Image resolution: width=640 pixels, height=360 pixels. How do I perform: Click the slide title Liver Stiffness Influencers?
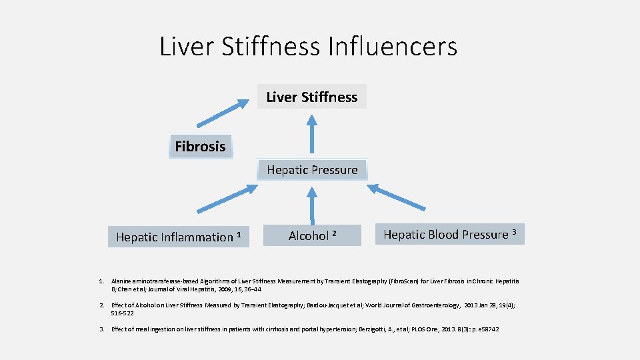tap(308, 47)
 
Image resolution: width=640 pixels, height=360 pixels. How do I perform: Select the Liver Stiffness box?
tap(311, 97)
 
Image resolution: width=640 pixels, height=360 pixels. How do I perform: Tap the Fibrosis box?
tap(200, 147)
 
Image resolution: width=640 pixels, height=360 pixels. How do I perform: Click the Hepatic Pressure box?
tap(312, 170)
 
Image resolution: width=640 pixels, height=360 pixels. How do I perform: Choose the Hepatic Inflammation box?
tap(178, 237)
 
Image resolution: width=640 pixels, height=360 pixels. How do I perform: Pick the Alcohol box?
tap(311, 235)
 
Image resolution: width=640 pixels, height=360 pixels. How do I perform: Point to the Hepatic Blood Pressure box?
tap(450, 234)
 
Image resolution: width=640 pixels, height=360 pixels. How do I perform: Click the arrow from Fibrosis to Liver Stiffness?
tap(221, 112)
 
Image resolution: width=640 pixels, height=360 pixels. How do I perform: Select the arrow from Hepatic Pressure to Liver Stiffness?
tap(311, 133)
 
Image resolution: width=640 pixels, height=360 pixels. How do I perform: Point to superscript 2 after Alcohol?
tap(334, 233)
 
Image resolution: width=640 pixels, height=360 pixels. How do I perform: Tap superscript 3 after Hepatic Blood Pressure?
tap(514, 232)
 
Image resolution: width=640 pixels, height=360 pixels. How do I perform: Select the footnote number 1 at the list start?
tap(101, 282)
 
